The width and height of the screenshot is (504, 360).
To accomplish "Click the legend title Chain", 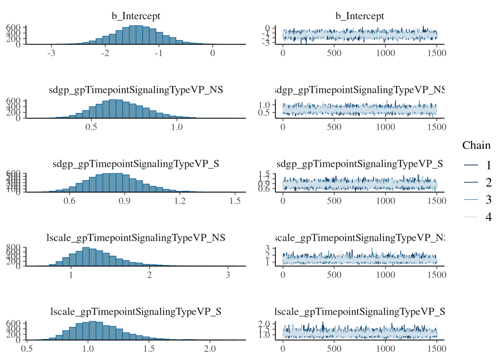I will pos(476,145).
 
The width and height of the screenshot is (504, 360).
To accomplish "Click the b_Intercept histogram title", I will pos(136,16).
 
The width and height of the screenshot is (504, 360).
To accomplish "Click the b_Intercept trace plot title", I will pos(360,16).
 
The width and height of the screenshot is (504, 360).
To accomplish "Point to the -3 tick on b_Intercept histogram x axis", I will pos(51,53).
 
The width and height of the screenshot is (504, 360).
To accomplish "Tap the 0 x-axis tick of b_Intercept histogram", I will pos(213,53).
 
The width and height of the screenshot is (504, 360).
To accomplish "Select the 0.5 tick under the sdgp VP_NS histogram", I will pos(91,127).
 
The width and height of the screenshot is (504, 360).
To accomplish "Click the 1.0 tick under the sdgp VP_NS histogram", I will pos(177,127).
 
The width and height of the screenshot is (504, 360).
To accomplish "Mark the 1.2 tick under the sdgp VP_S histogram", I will pos(180,201).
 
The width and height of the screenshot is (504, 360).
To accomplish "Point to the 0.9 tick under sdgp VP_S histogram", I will pos(124,201).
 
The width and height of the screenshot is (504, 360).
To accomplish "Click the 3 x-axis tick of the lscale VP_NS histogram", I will pos(228,274).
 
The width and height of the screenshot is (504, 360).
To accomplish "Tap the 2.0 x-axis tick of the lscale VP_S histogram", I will pos(210,349).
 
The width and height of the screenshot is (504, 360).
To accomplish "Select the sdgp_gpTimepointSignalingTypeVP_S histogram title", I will pos(136,164).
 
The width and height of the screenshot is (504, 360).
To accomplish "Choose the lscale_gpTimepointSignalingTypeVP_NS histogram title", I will pos(136,238).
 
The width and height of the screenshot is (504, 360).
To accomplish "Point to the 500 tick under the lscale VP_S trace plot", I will pos(334,349).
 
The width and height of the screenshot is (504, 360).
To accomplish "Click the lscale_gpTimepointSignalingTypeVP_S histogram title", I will pos(136,312).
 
